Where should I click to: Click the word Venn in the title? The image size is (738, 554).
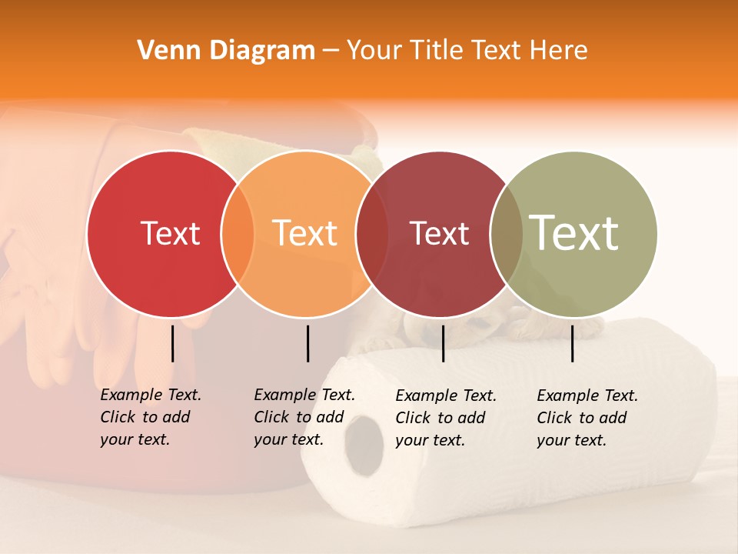click(x=165, y=51)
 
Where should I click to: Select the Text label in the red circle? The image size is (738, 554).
click(x=170, y=233)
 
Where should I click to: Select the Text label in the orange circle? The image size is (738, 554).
click(x=305, y=233)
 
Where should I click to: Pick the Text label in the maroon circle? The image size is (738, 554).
click(x=439, y=233)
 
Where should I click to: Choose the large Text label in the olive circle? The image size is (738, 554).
click(x=574, y=232)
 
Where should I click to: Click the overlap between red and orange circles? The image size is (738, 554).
click(x=238, y=234)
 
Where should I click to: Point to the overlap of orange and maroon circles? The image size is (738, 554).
click(x=372, y=234)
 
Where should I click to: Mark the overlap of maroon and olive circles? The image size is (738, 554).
click(x=507, y=234)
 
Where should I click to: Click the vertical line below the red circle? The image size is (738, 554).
click(x=172, y=343)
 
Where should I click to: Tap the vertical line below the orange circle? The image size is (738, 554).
click(x=307, y=343)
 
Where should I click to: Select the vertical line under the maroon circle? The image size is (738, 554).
click(x=443, y=343)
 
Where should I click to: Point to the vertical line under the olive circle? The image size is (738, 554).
click(x=572, y=343)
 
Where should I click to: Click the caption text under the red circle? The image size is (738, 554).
click(x=150, y=417)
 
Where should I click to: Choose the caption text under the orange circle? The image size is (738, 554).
click(x=304, y=417)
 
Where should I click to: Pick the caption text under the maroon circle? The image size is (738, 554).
click(x=445, y=418)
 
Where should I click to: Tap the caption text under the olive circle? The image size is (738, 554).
click(x=587, y=418)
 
